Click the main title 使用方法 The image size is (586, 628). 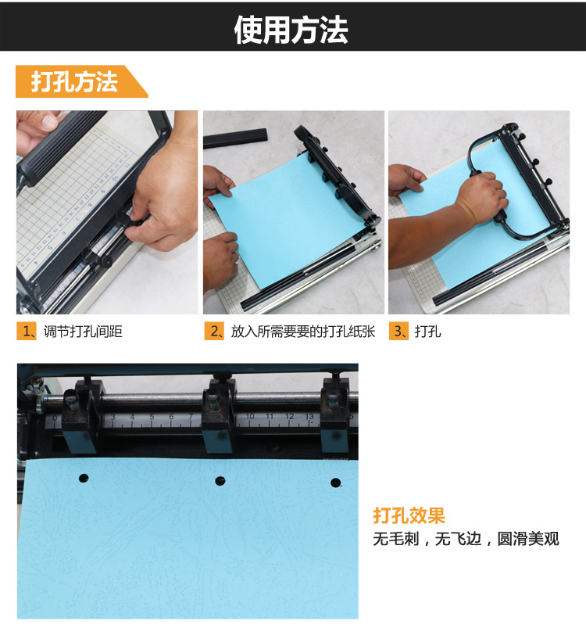291,30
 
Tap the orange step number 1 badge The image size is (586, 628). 27,332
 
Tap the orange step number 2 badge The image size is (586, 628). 214,332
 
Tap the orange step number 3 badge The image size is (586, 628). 398,332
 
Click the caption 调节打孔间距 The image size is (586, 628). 83,332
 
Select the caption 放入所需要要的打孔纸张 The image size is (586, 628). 303,332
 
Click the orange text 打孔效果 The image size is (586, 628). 409,515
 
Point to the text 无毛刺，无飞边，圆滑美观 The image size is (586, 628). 466,539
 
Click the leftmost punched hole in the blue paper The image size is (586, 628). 84,478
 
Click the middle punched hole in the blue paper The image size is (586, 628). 220,481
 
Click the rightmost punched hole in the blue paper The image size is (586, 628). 336,483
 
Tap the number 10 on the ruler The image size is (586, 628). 250,417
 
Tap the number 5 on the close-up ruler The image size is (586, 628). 152,417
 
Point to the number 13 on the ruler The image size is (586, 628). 309,417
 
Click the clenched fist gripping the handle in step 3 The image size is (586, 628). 481,196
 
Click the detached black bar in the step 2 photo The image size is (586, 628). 235,138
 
